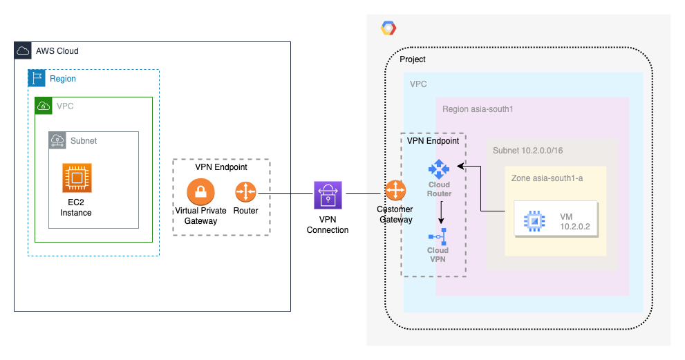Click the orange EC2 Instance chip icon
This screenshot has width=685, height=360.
(x=76, y=178)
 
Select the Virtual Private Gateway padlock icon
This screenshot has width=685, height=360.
(x=200, y=192)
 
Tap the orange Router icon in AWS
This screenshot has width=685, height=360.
(x=245, y=192)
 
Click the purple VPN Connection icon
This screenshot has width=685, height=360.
(x=328, y=195)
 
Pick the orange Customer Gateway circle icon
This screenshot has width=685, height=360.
(x=395, y=191)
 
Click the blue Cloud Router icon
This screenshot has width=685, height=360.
(x=438, y=169)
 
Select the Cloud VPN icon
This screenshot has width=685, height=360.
(x=438, y=234)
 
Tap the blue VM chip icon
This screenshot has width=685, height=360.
(x=533, y=220)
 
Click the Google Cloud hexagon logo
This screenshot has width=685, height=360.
(x=388, y=28)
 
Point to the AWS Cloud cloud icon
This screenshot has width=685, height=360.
(x=24, y=50)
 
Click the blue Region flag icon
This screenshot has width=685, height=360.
(x=37, y=78)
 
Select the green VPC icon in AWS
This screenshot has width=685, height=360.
(x=44, y=106)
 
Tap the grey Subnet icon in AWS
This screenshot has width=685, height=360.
(x=57, y=140)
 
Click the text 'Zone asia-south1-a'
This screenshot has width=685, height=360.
(x=547, y=178)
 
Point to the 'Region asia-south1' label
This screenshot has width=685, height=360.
(x=476, y=108)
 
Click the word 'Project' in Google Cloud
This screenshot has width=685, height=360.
(x=413, y=59)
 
